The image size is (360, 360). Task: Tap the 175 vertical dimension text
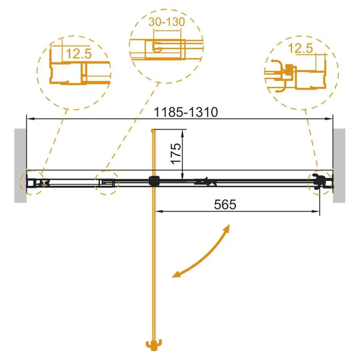coord(175,153)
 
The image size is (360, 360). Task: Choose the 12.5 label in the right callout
coord(301,48)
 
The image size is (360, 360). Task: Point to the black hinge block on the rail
coord(154,182)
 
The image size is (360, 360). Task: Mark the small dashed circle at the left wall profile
coord(31,182)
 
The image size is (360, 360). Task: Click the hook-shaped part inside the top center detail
coord(157,47)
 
